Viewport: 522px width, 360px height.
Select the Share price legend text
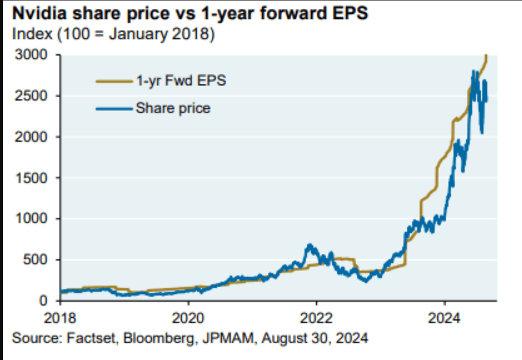(173, 107)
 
